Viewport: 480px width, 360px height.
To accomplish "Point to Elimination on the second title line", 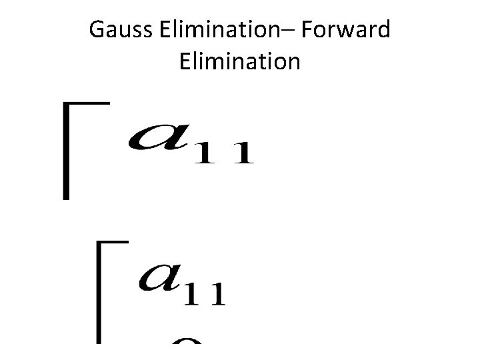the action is pos(240,62).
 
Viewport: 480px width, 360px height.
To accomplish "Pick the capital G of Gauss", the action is pos(95,31).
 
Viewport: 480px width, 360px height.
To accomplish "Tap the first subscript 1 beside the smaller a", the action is pos(195,294).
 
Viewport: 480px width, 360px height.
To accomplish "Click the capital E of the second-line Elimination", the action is pos(185,62).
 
